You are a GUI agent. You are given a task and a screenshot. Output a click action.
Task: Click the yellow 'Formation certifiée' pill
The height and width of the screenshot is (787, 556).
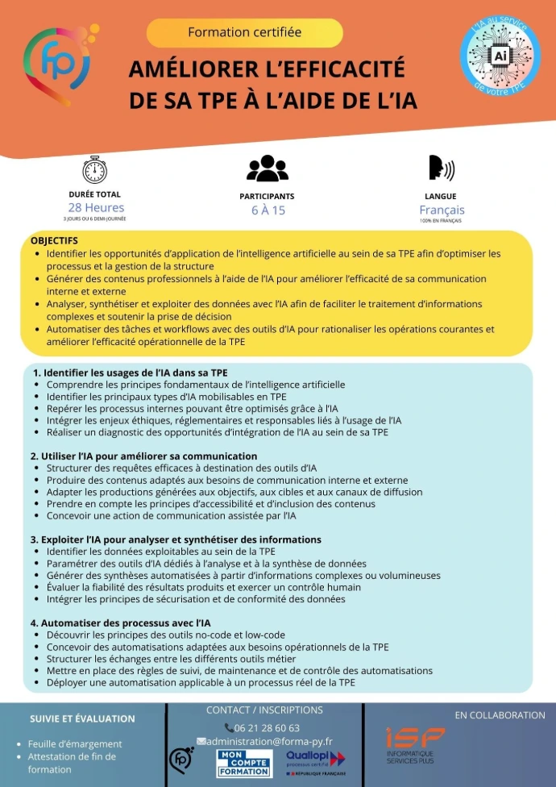click(x=244, y=32)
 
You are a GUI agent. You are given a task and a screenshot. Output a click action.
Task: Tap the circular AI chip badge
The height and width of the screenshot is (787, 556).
click(x=500, y=56)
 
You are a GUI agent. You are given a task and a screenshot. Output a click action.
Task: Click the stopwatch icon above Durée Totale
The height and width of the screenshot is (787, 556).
click(x=95, y=169)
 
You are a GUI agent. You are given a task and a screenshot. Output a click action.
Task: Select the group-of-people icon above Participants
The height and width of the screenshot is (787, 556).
click(x=267, y=168)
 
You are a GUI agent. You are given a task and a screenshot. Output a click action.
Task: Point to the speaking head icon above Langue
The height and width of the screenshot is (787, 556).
click(x=441, y=168)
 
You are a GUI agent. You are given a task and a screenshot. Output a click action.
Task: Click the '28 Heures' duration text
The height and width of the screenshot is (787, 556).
click(x=95, y=208)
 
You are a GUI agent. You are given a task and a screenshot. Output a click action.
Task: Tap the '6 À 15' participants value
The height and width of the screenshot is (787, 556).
click(x=268, y=210)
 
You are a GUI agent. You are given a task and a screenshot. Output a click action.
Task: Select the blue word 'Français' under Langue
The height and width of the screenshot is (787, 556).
click(x=442, y=210)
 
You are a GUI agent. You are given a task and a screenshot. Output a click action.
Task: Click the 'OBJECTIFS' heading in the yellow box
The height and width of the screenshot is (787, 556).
click(x=54, y=240)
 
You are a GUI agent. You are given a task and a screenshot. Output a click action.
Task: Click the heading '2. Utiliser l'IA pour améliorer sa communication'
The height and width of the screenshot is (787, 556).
click(x=143, y=456)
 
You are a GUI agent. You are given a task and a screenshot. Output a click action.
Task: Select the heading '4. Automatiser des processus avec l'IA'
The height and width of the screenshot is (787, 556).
click(x=120, y=623)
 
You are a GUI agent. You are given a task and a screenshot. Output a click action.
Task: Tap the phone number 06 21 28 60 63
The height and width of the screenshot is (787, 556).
click(x=263, y=727)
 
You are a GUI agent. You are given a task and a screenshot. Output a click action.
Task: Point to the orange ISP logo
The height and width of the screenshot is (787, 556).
click(x=414, y=744)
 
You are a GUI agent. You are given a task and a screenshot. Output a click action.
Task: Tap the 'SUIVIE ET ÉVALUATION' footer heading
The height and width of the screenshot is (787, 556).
click(x=82, y=718)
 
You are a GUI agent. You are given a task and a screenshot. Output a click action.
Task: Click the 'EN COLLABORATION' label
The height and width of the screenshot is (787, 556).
click(x=500, y=715)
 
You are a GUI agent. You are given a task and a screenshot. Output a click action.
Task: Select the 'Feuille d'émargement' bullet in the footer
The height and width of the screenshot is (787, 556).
click(x=75, y=743)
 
